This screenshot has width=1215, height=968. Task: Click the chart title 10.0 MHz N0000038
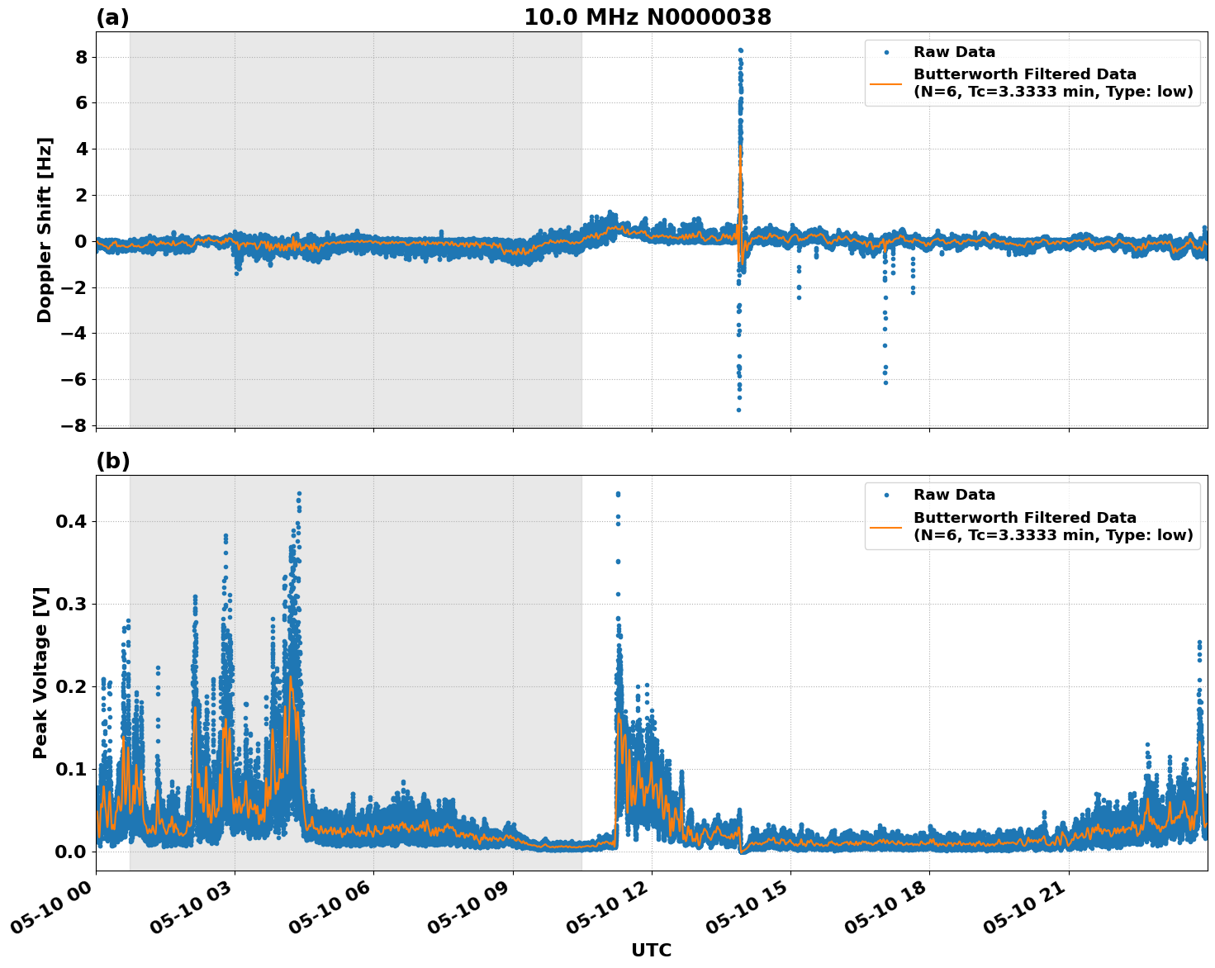pyautogui.click(x=647, y=17)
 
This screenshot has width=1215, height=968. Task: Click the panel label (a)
pyautogui.click(x=112, y=17)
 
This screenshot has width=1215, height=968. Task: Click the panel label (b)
pyautogui.click(x=112, y=461)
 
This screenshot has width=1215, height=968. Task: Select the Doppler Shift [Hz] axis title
pyautogui.click(x=45, y=230)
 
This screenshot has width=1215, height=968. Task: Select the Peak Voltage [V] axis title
pyautogui.click(x=41, y=672)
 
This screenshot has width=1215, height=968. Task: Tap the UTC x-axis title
pyautogui.click(x=651, y=950)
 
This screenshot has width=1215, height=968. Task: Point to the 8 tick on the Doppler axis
pyautogui.click(x=81, y=57)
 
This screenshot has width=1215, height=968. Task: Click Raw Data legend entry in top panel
pyautogui.click(x=953, y=52)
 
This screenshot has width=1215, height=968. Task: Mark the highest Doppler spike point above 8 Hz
pyautogui.click(x=740, y=50)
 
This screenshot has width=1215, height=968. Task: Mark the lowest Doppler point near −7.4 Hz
pyautogui.click(x=738, y=410)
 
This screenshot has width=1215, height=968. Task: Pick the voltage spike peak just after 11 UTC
pyautogui.click(x=617, y=494)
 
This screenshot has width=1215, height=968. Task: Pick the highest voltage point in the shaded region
pyautogui.click(x=299, y=494)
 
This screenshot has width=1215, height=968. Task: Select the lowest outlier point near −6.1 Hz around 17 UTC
pyautogui.click(x=885, y=382)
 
